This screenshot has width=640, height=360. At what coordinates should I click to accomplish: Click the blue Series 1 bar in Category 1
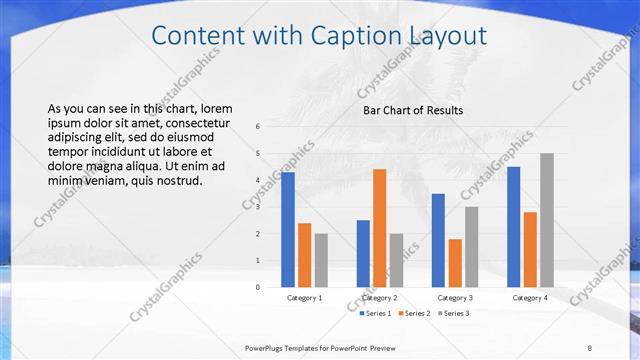coord(288,230)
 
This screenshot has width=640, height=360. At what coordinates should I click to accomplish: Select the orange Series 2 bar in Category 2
coord(379,228)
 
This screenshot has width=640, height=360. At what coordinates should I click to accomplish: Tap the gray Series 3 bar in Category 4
coord(546,220)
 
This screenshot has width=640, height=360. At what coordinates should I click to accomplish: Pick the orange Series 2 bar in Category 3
coord(455,263)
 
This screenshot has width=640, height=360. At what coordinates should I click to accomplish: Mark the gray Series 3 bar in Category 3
coord(471,247)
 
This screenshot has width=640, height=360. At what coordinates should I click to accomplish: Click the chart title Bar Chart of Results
coord(413,110)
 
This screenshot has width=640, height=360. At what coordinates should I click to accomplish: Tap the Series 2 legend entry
coord(413,314)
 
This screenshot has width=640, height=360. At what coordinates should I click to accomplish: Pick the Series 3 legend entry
coord(453,314)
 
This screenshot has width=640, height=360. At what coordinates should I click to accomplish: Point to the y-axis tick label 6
coord(258,127)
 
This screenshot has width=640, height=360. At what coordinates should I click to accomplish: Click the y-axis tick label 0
coord(258,287)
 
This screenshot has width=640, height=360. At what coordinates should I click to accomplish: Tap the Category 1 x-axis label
coord(305,298)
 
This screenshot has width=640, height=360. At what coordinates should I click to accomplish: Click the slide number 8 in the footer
coord(589,348)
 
